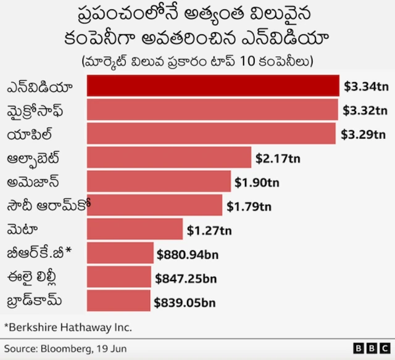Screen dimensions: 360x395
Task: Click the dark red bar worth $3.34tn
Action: coord(213,86)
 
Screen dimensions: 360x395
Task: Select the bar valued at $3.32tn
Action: coord(212,110)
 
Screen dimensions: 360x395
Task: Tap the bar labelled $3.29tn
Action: coord(211,133)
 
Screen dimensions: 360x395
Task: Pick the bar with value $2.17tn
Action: coord(169,157)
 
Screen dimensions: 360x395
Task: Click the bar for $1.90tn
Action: coord(159,181)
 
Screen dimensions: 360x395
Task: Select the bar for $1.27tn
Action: coord(135,229)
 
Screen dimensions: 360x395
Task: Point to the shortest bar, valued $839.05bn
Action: coord(118,301)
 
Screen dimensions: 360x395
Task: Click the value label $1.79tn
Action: coord(249,207)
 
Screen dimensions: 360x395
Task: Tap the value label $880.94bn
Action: coord(188,254)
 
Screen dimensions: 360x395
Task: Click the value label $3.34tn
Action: coord(366,86)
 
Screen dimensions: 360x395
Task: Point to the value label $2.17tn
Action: coord(278,158)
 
